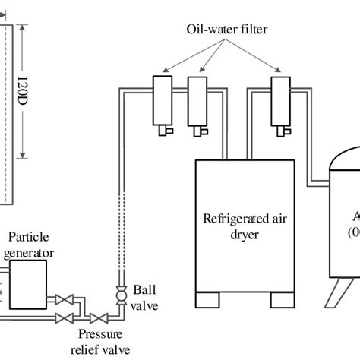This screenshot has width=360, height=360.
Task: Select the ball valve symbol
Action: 118,292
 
